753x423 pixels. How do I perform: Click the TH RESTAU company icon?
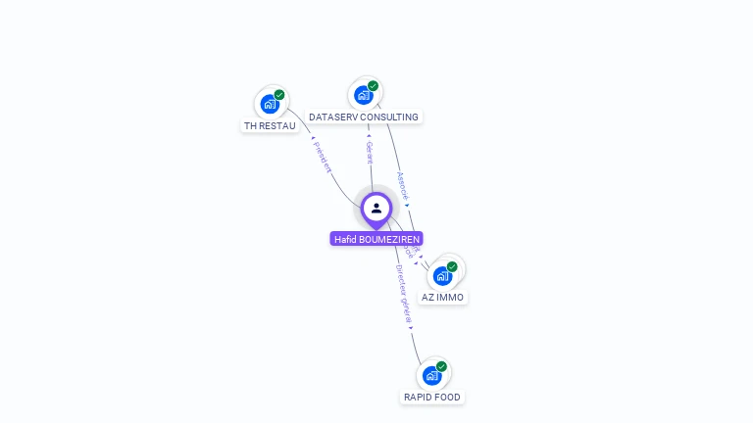(x=270, y=104)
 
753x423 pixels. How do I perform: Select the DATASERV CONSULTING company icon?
(x=364, y=95)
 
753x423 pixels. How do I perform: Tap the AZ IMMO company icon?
(x=442, y=275)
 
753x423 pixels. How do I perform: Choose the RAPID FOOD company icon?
(x=431, y=375)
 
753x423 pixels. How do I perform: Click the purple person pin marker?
(x=376, y=209)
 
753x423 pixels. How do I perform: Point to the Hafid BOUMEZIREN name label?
(x=376, y=239)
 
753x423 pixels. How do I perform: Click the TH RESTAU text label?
(x=270, y=125)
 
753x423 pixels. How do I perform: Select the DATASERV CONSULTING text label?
(x=364, y=117)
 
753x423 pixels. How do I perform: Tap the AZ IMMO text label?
(x=442, y=297)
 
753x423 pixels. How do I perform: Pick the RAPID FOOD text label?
(x=431, y=397)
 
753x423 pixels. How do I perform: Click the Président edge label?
(x=323, y=157)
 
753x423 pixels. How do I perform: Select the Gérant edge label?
(x=370, y=152)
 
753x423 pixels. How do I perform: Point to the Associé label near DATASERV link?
(x=402, y=186)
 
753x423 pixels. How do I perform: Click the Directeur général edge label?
(x=403, y=294)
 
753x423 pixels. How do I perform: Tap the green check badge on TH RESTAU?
(x=279, y=95)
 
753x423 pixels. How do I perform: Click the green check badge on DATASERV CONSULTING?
(x=373, y=86)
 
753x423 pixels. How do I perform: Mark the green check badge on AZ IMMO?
(x=452, y=266)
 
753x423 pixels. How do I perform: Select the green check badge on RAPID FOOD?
(x=441, y=366)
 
